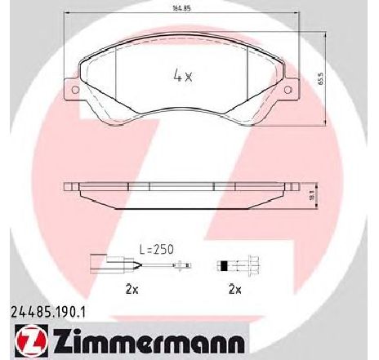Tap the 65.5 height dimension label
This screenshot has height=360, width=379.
tap(321, 79)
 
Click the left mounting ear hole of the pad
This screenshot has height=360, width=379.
tap(75, 90)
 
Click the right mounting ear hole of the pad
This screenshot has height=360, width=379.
tap(288, 90)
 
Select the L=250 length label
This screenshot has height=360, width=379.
tap(157, 249)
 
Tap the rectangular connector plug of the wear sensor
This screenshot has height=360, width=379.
tap(98, 263)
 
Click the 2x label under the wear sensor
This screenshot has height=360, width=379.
tap(132, 290)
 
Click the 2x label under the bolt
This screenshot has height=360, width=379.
tap(235, 290)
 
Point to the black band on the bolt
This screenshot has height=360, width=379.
tap(224, 265)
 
